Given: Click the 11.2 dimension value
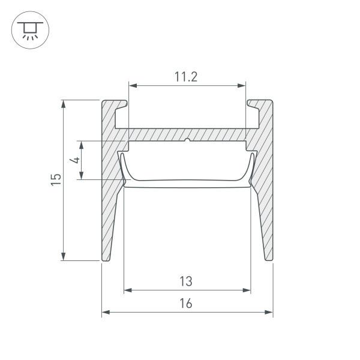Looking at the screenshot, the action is point(186,77).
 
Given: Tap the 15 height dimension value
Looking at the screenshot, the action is point(56,179).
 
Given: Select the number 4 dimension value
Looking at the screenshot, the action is point(75,160).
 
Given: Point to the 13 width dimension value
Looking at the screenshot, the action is point(186,281).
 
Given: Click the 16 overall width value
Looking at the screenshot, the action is point(186,303).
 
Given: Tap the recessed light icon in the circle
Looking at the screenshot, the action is point(30,31).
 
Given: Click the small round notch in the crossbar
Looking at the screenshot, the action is point(187,140).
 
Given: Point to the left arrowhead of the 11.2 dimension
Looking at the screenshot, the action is point(133,86).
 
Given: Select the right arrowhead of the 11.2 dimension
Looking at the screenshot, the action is point(242,86).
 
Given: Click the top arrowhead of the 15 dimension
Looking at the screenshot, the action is point(64,104).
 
